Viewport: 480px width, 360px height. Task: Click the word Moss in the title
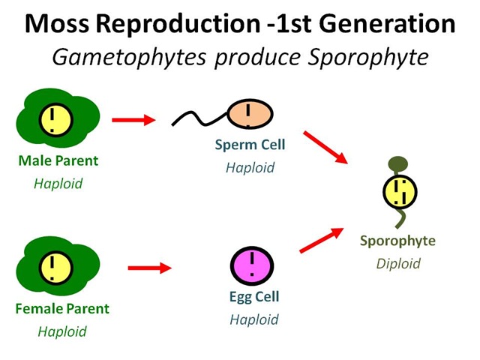57,24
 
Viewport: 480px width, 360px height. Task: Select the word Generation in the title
387,24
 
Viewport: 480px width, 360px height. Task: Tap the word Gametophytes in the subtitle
129,58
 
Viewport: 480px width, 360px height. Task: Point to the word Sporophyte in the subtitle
368,58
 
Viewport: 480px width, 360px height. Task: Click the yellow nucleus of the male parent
56,120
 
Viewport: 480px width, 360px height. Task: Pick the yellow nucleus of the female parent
56,268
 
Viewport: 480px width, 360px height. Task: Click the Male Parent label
58,160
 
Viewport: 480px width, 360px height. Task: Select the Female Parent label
62,308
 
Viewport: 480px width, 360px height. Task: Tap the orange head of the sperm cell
250,113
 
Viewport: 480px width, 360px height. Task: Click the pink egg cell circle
252,265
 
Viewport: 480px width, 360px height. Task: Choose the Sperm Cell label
250,145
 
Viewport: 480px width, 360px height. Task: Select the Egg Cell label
254,297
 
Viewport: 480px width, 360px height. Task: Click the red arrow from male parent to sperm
133,120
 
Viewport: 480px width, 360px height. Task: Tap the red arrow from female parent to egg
150,268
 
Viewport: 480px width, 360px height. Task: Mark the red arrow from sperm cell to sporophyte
325,147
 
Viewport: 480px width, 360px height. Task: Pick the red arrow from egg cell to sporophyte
322,240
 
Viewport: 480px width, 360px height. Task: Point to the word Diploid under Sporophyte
398,264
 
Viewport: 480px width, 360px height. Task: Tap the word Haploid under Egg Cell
254,319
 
